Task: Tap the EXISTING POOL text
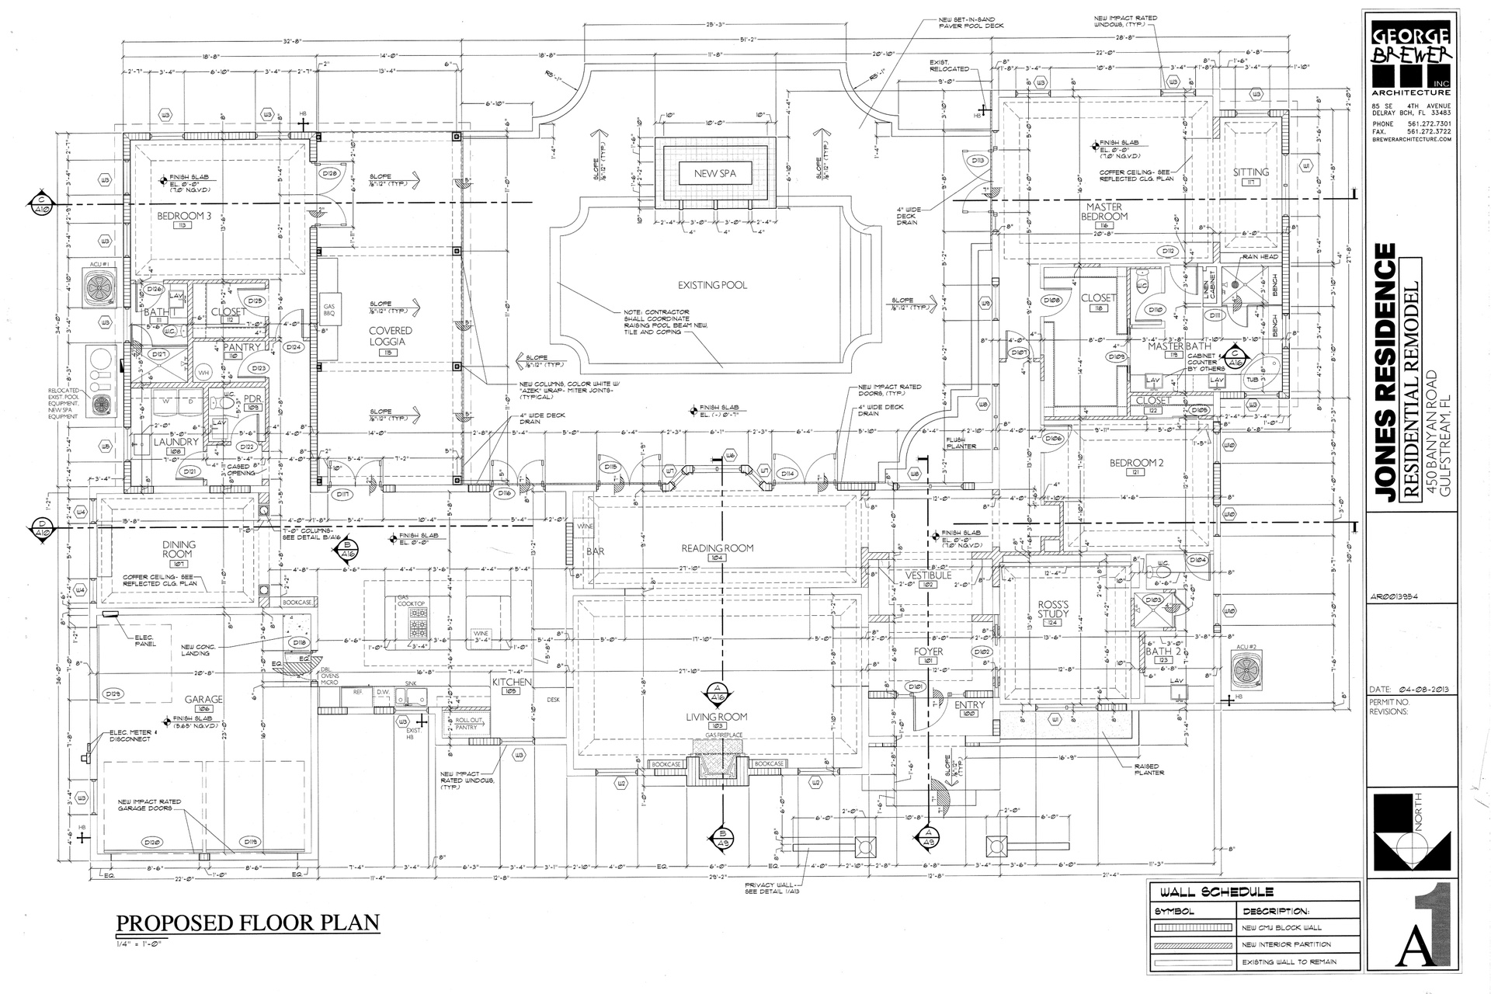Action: pos(712,285)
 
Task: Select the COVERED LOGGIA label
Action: pos(391,335)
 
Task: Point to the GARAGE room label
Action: pos(204,699)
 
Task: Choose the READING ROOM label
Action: pos(718,548)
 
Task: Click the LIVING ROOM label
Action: pos(717,717)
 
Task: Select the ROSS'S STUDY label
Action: pos(1053,609)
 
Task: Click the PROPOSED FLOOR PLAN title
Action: pos(248,923)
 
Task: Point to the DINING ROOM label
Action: pos(179,550)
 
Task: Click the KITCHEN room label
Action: pos(512,683)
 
